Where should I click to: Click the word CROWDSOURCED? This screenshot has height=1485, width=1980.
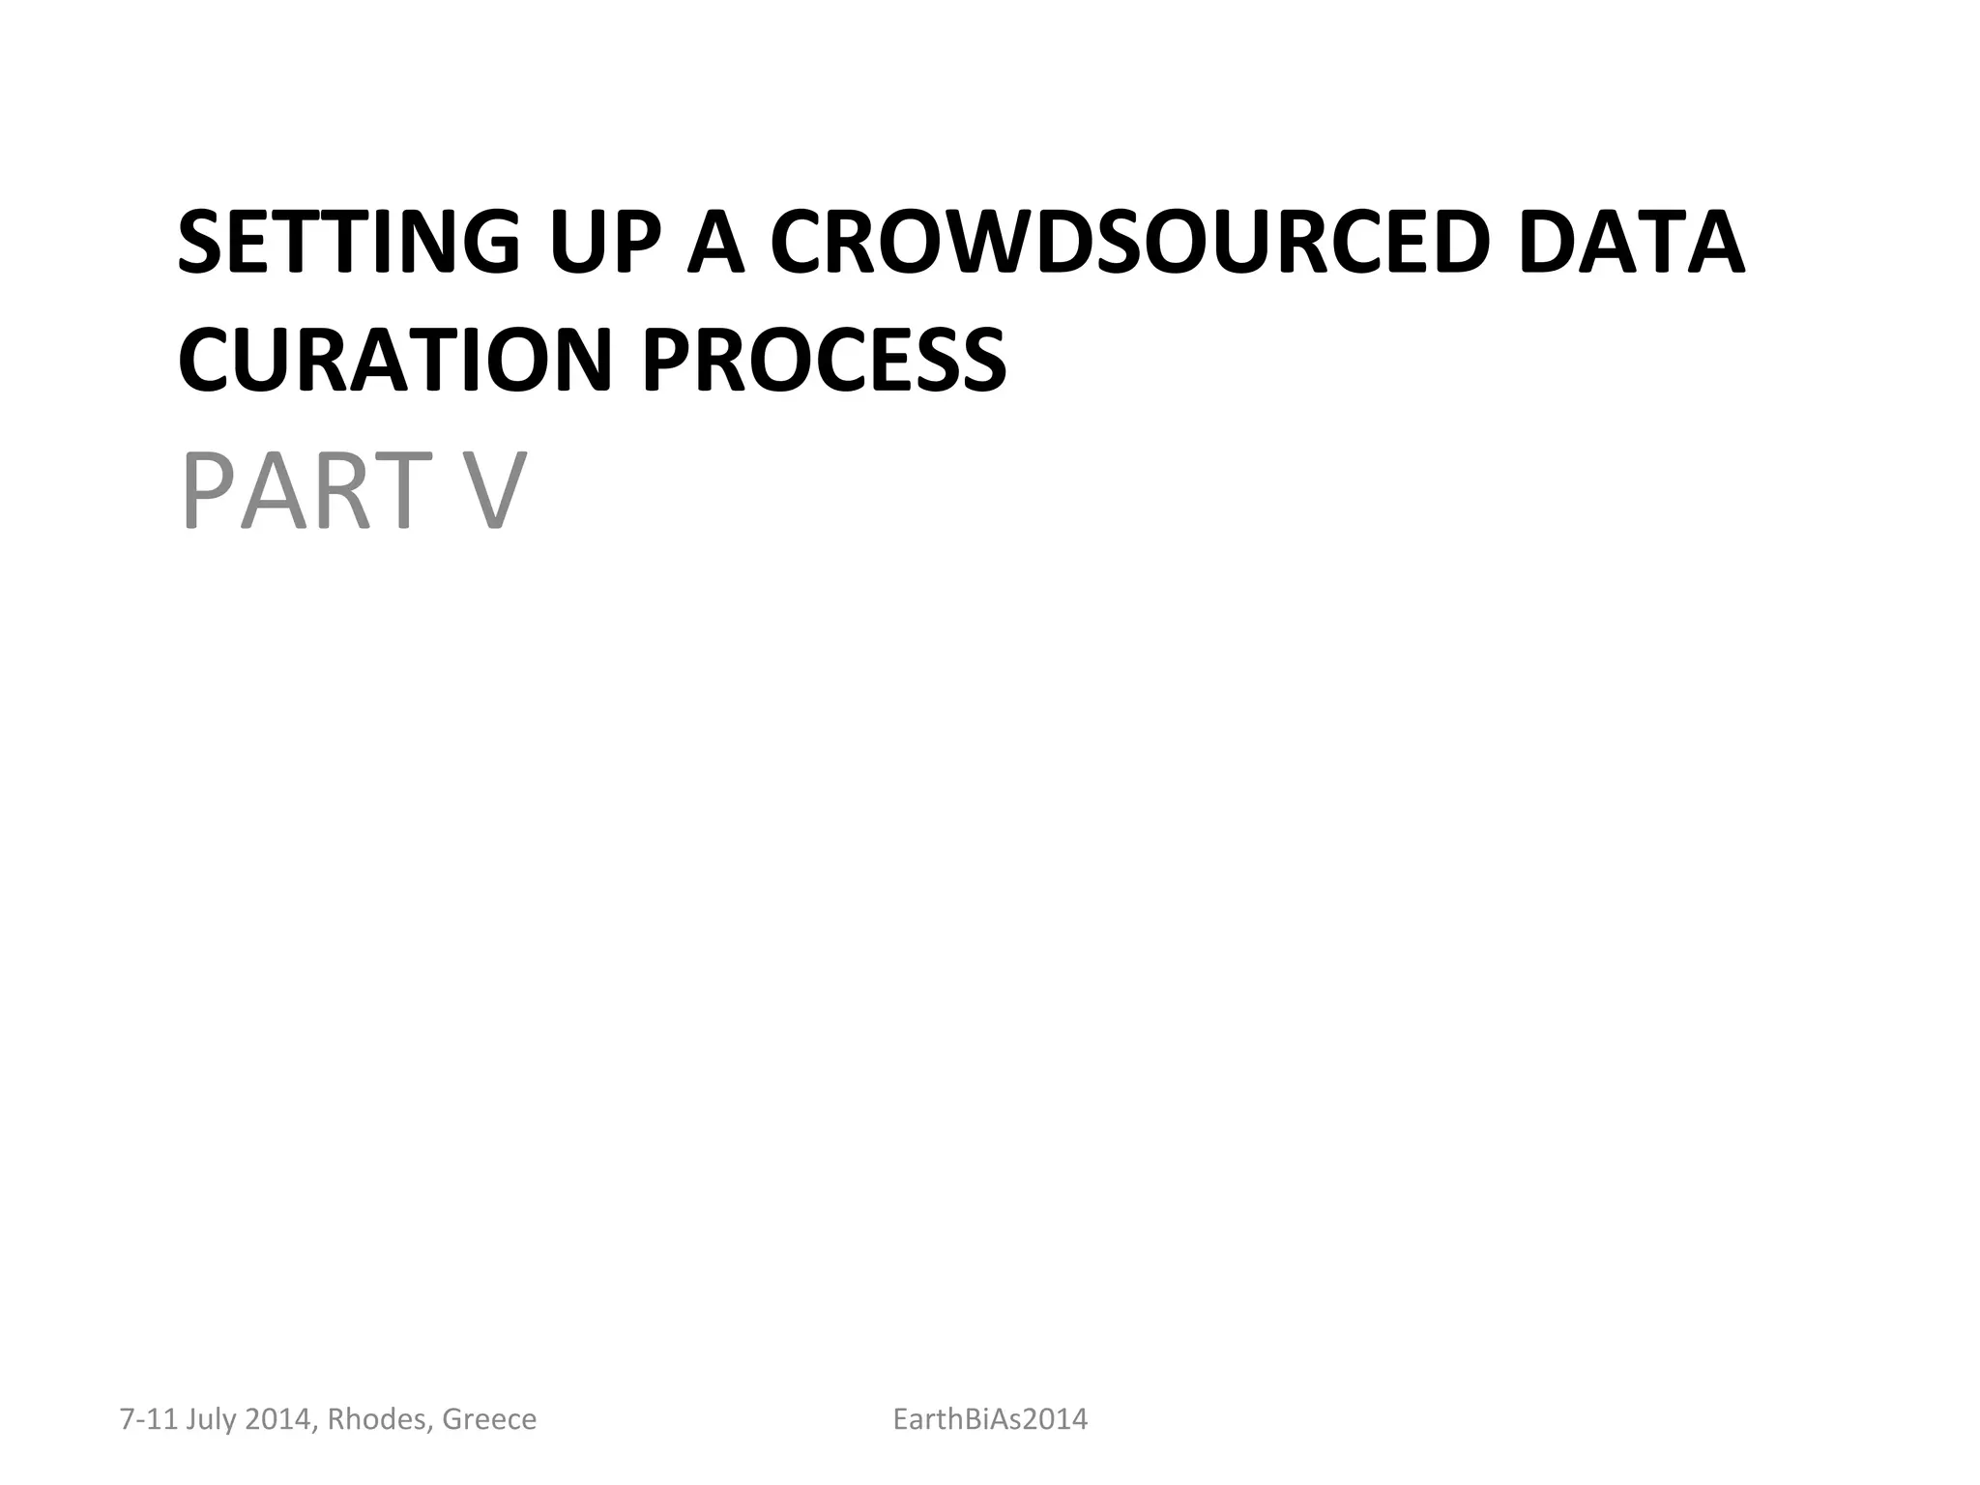click(x=1127, y=242)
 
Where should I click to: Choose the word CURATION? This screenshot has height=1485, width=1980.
click(x=394, y=360)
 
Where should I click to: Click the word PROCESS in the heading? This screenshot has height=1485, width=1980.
click(x=824, y=360)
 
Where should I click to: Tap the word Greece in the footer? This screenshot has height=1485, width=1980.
click(x=488, y=1419)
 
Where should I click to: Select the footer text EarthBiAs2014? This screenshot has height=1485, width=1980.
click(x=990, y=1419)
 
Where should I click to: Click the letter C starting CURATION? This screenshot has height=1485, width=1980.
click(x=206, y=360)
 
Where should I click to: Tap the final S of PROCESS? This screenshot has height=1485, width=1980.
click(x=981, y=360)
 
